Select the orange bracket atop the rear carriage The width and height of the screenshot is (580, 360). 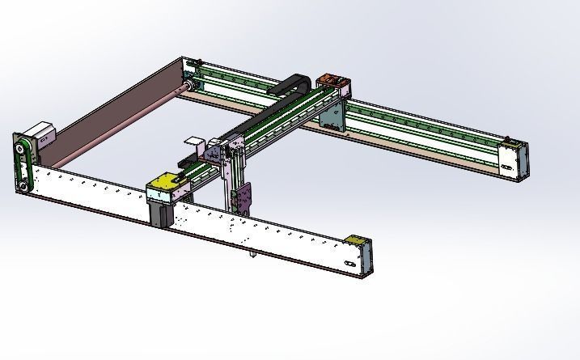click(333, 81)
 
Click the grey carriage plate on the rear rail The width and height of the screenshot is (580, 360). click(332, 114)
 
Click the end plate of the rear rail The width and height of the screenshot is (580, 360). click(513, 159)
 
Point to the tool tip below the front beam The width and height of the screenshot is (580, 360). click(251, 256)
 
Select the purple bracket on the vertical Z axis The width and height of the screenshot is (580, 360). click(244, 197)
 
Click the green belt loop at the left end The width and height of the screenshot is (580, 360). click(28, 167)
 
